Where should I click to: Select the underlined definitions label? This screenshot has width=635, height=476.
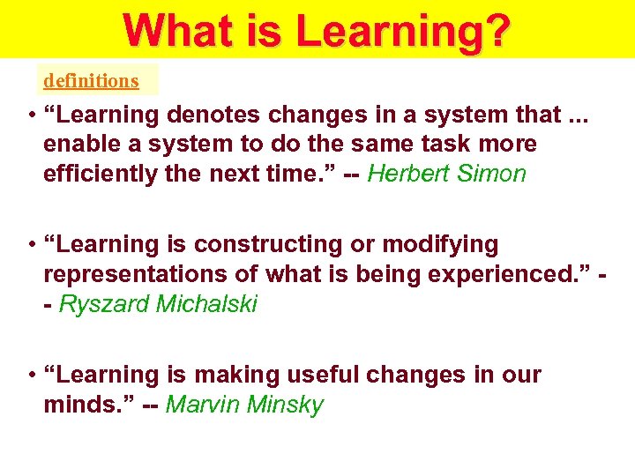91,80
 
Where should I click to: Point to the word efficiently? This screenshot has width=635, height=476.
97,174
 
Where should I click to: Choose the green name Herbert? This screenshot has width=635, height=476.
407,174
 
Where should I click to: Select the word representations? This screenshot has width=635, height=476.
130,274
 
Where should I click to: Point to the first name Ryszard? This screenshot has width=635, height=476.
103,304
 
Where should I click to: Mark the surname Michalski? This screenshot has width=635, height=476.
206,304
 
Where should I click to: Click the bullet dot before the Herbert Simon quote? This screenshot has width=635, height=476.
31,115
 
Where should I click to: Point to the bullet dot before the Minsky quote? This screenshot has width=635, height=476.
31,376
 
